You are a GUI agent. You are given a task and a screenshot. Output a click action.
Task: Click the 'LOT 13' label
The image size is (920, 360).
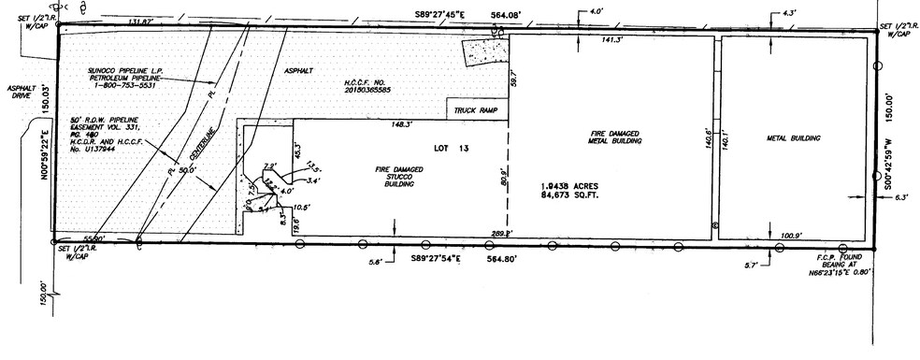tap(451, 148)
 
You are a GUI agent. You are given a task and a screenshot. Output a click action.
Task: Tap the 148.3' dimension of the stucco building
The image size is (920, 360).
tap(404, 124)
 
